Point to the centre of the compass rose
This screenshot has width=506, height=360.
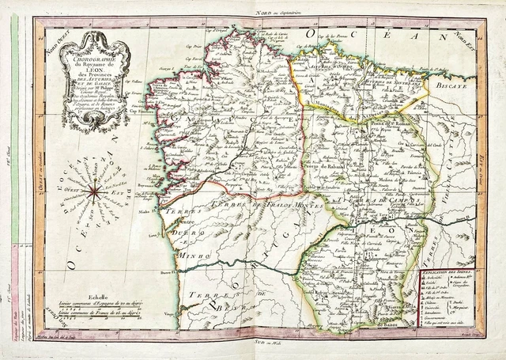pyautogui.click(x=95, y=189)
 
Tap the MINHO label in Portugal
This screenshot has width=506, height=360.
pyautogui.click(x=190, y=235)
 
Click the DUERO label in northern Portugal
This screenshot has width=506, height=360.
pyautogui.click(x=190, y=222)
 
